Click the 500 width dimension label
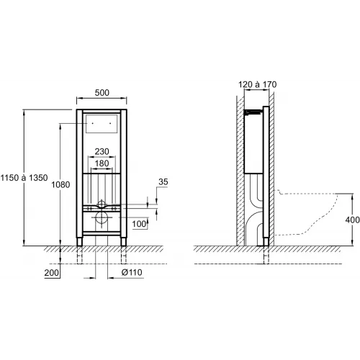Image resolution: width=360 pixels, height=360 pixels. click(x=102, y=93)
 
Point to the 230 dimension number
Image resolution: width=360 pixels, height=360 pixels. click(x=102, y=151)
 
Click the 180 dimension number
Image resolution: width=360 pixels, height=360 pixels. click(x=102, y=164)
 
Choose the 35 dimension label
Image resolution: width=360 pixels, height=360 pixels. click(x=163, y=183)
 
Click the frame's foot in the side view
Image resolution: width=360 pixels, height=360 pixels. click(x=268, y=243)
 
